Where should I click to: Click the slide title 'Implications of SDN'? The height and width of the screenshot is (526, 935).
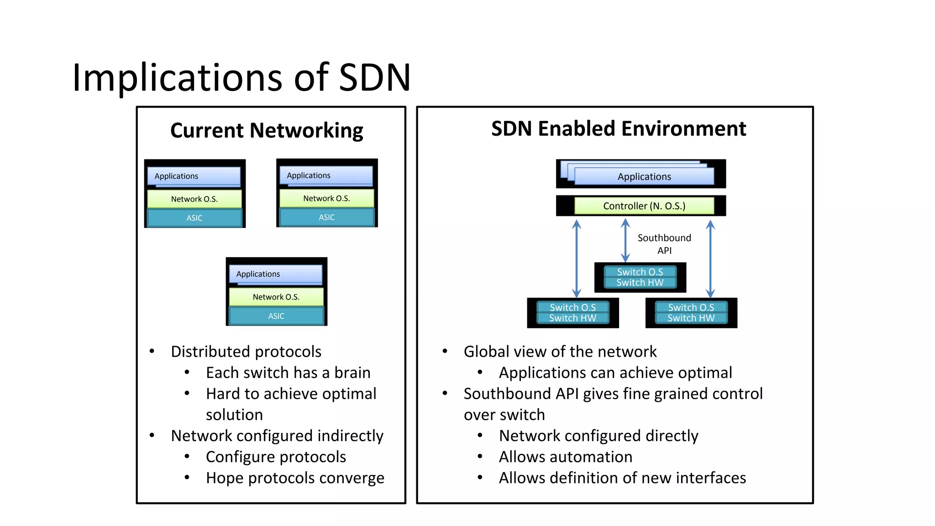tap(241, 78)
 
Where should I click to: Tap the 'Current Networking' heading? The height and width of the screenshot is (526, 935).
tap(267, 131)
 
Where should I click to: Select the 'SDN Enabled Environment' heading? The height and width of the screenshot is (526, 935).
tap(618, 129)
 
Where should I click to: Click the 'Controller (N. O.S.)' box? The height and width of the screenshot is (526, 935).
tap(644, 206)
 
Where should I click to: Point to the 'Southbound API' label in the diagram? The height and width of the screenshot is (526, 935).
tap(664, 244)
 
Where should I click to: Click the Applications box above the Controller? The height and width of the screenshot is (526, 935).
tap(644, 177)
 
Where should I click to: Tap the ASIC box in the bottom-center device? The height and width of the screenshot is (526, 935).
tap(276, 316)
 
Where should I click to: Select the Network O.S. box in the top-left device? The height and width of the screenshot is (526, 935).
tap(194, 199)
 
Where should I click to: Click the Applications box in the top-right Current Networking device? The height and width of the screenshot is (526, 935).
tap(326, 176)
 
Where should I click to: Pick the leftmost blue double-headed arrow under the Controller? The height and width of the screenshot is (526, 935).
tap(577, 258)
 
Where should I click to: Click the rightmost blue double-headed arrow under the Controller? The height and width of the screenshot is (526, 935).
tap(710, 258)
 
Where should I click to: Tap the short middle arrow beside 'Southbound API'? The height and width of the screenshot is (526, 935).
tap(625, 240)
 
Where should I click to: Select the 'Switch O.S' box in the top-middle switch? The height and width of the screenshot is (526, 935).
tap(640, 272)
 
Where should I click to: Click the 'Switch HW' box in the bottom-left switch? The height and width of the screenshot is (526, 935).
tap(573, 318)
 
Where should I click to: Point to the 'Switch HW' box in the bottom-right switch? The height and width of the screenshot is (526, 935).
tap(691, 318)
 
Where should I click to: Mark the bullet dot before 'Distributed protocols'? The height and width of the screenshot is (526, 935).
tap(152, 351)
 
